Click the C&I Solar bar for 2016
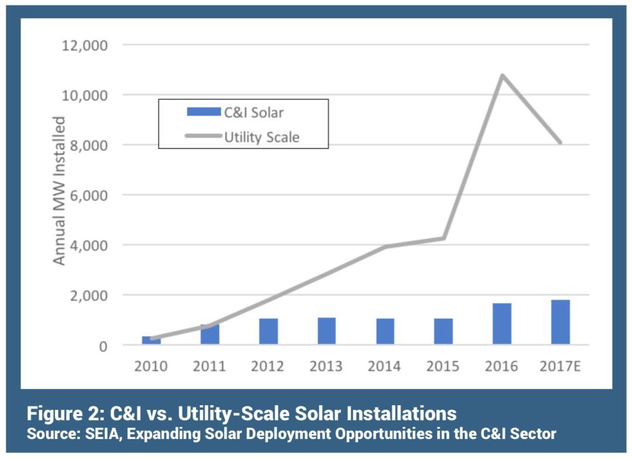[x=502, y=324]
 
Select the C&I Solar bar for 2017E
[x=560, y=322]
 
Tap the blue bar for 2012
[x=269, y=332]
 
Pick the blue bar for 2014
[x=385, y=332]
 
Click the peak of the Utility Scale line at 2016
[x=502, y=75]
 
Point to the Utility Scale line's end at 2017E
[x=560, y=142]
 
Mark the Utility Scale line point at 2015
[x=444, y=238]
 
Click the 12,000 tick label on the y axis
[x=85, y=45]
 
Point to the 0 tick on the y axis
[x=102, y=346]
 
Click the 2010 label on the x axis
[x=151, y=367]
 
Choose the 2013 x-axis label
[x=327, y=367]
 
